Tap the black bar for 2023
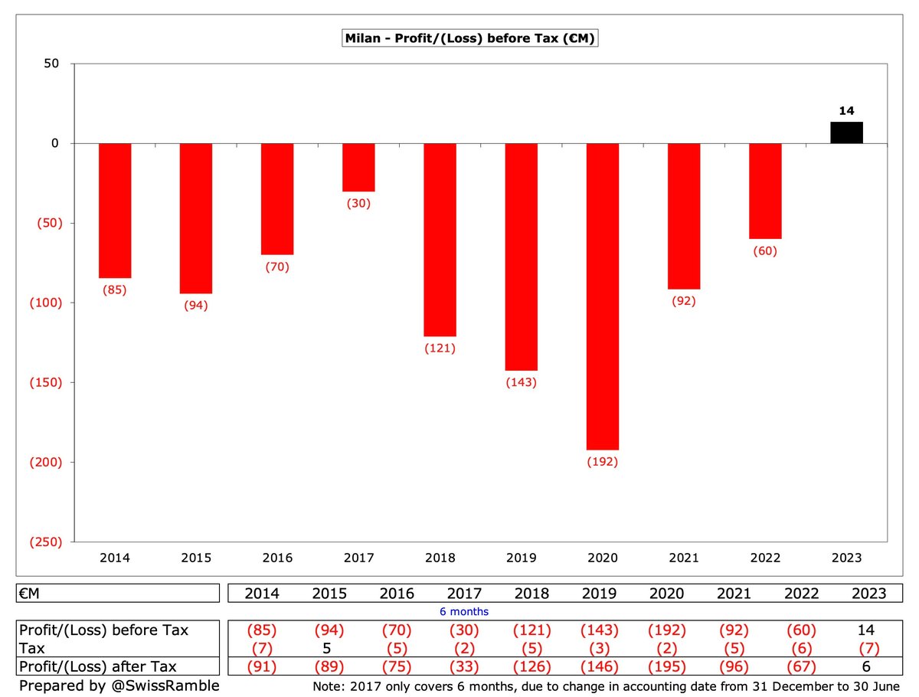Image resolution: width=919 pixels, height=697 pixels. point(846,133)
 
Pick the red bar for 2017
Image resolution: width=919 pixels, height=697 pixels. point(358,168)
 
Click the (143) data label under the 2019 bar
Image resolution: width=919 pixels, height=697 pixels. point(521,382)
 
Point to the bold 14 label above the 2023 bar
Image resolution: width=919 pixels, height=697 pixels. point(846,111)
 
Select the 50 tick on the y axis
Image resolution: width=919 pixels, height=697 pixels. point(51,64)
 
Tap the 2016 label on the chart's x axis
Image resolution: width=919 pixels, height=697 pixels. point(277,558)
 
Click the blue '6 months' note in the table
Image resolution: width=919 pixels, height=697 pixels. point(464,611)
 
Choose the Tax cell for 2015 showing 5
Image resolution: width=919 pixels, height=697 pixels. point(326,648)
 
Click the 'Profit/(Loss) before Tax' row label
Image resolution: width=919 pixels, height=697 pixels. point(103,630)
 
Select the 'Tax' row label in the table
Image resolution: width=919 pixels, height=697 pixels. point(32,648)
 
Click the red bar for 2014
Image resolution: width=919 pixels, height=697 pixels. point(115,211)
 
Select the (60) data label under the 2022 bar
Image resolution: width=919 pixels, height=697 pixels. point(764,250)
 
